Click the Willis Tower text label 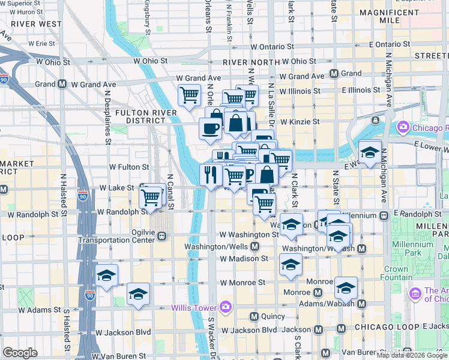(195, 307)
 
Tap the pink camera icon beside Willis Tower (226, 307)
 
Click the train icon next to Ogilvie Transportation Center (162, 236)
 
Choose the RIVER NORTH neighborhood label (247, 62)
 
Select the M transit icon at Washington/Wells (255, 247)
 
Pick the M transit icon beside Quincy (254, 316)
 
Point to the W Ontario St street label (272, 46)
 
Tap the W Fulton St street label (129, 166)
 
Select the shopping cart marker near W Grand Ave (189, 95)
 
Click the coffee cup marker (210, 128)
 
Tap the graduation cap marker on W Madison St (291, 264)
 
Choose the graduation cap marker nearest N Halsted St (107, 275)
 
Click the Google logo (20, 352)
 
